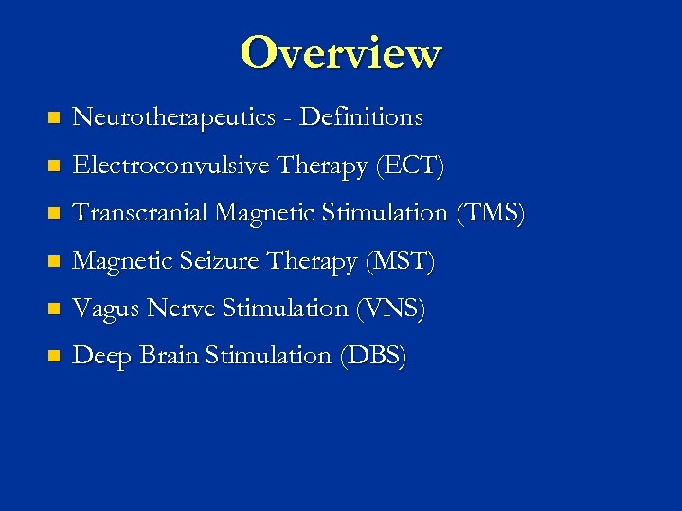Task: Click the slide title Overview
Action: click(340, 53)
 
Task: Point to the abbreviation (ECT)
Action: click(410, 167)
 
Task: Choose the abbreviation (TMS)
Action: click(490, 214)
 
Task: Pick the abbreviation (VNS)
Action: click(391, 308)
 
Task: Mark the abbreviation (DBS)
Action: click(372, 356)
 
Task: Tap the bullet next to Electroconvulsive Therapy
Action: click(53, 167)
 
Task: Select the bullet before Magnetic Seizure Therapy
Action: click(53, 262)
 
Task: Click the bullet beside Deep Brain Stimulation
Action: click(53, 357)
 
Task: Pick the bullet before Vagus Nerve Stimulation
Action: click(53, 309)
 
